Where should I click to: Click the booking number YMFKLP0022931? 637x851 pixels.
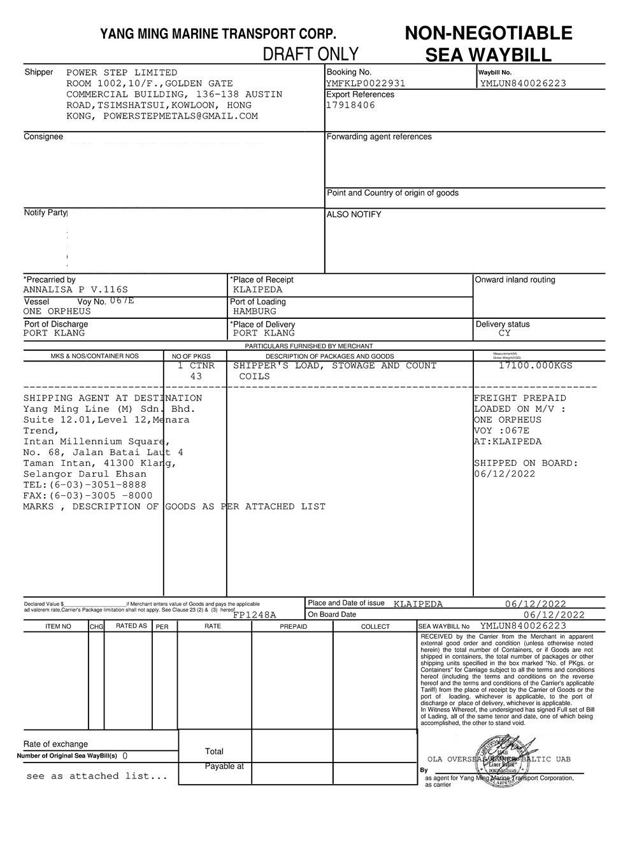pyautogui.click(x=366, y=83)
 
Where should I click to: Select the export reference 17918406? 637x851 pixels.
pyautogui.click(x=351, y=105)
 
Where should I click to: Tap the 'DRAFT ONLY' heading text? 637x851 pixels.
pyautogui.click(x=311, y=53)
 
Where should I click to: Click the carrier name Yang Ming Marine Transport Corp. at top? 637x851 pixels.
pyautogui.click(x=218, y=34)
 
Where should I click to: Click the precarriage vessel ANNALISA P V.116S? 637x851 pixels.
pyautogui.click(x=76, y=290)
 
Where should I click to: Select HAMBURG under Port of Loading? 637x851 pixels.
pyautogui.click(x=255, y=312)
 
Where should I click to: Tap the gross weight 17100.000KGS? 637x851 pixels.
pyautogui.click(x=535, y=365)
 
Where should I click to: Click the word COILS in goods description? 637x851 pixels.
pyautogui.click(x=255, y=376)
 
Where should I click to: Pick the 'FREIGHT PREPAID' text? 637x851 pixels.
pyautogui.click(x=520, y=398)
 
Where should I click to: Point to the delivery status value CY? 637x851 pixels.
pyautogui.click(x=505, y=334)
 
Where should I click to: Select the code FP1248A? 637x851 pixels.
pyautogui.click(x=255, y=615)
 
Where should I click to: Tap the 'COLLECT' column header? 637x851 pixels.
pyautogui.click(x=375, y=627)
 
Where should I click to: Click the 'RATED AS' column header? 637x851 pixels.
pyautogui.click(x=131, y=626)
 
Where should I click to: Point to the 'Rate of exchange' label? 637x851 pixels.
pyautogui.click(x=56, y=744)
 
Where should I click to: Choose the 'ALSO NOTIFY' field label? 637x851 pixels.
pyautogui.click(x=354, y=215)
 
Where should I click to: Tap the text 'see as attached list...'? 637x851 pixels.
pyautogui.click(x=97, y=776)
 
